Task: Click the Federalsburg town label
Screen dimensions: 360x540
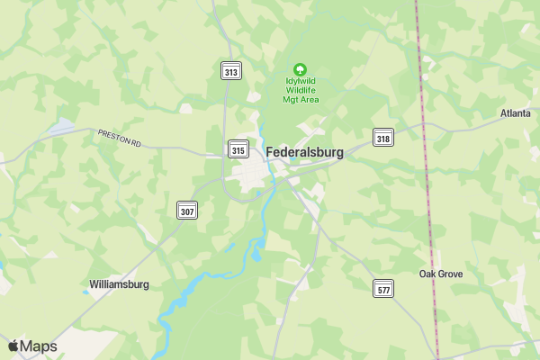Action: tap(304, 153)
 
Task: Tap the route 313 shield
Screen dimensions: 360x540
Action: tap(231, 72)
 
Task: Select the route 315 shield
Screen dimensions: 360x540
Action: tap(238, 150)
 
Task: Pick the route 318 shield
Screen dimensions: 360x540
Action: tap(383, 138)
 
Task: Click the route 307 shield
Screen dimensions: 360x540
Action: tap(186, 211)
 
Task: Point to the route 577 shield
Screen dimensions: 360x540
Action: tap(384, 289)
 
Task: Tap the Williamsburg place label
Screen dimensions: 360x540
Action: tap(119, 284)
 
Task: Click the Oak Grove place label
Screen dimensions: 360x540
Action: tap(441, 274)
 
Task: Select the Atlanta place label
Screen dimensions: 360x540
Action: tap(516, 113)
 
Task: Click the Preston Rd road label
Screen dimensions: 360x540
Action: tap(121, 138)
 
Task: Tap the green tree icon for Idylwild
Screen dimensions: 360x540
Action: tap(301, 68)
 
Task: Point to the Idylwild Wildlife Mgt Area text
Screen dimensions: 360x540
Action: tap(301, 91)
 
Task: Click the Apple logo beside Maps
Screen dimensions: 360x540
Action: tap(13, 346)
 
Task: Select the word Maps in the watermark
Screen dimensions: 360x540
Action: tap(39, 346)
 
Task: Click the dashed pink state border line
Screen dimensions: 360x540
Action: tap(427, 180)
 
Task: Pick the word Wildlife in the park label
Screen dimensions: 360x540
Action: tap(301, 91)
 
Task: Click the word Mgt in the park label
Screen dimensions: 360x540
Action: tap(291, 100)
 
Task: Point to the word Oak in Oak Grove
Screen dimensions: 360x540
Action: tap(427, 274)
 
